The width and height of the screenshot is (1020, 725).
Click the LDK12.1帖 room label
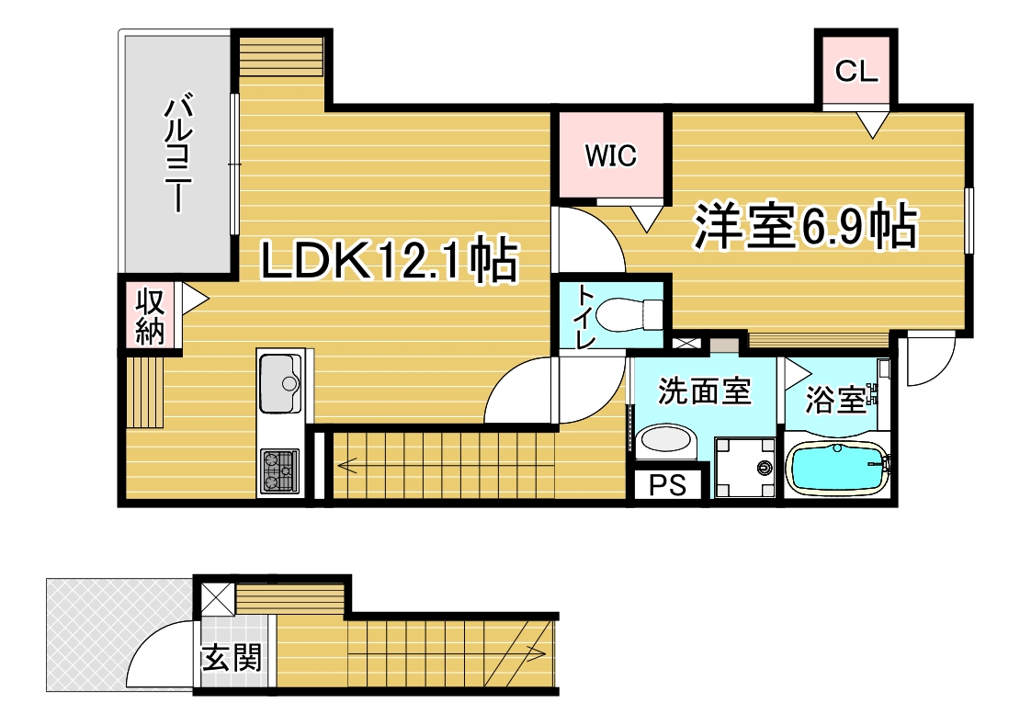pos(389,260)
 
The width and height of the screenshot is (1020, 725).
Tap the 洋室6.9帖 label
pos(805,226)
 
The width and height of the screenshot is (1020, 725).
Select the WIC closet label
pos(611,155)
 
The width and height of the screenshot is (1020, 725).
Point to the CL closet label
pos(856,71)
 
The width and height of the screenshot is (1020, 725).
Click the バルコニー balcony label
pos(178,154)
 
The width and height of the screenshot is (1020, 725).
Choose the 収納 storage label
pos(151,317)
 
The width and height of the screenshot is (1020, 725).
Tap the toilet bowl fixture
pos(629,315)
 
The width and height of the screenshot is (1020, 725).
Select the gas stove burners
pos(280,470)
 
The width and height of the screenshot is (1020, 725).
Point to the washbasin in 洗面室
pos(665,441)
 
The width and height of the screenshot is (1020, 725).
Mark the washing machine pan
pos(745,468)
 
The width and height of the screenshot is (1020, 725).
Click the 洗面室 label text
pos(705,391)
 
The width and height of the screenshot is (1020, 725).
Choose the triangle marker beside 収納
pos(195,300)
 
